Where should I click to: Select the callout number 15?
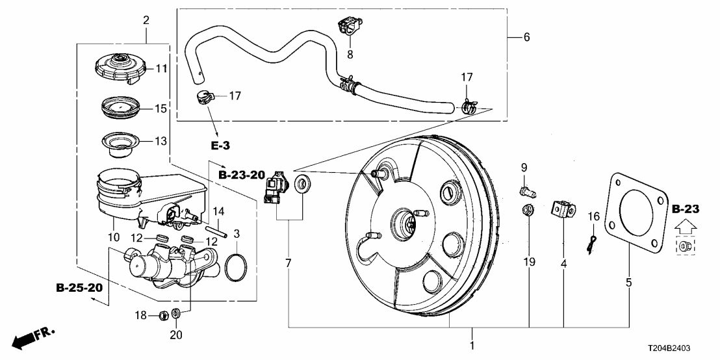coord(161,108)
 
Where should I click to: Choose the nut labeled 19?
coord(528,211)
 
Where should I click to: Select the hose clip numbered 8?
coord(348,28)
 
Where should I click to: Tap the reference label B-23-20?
coord(242,175)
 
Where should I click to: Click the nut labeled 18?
coord(164,316)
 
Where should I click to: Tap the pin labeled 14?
coord(217,228)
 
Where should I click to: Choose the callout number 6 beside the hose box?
coord(526,37)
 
